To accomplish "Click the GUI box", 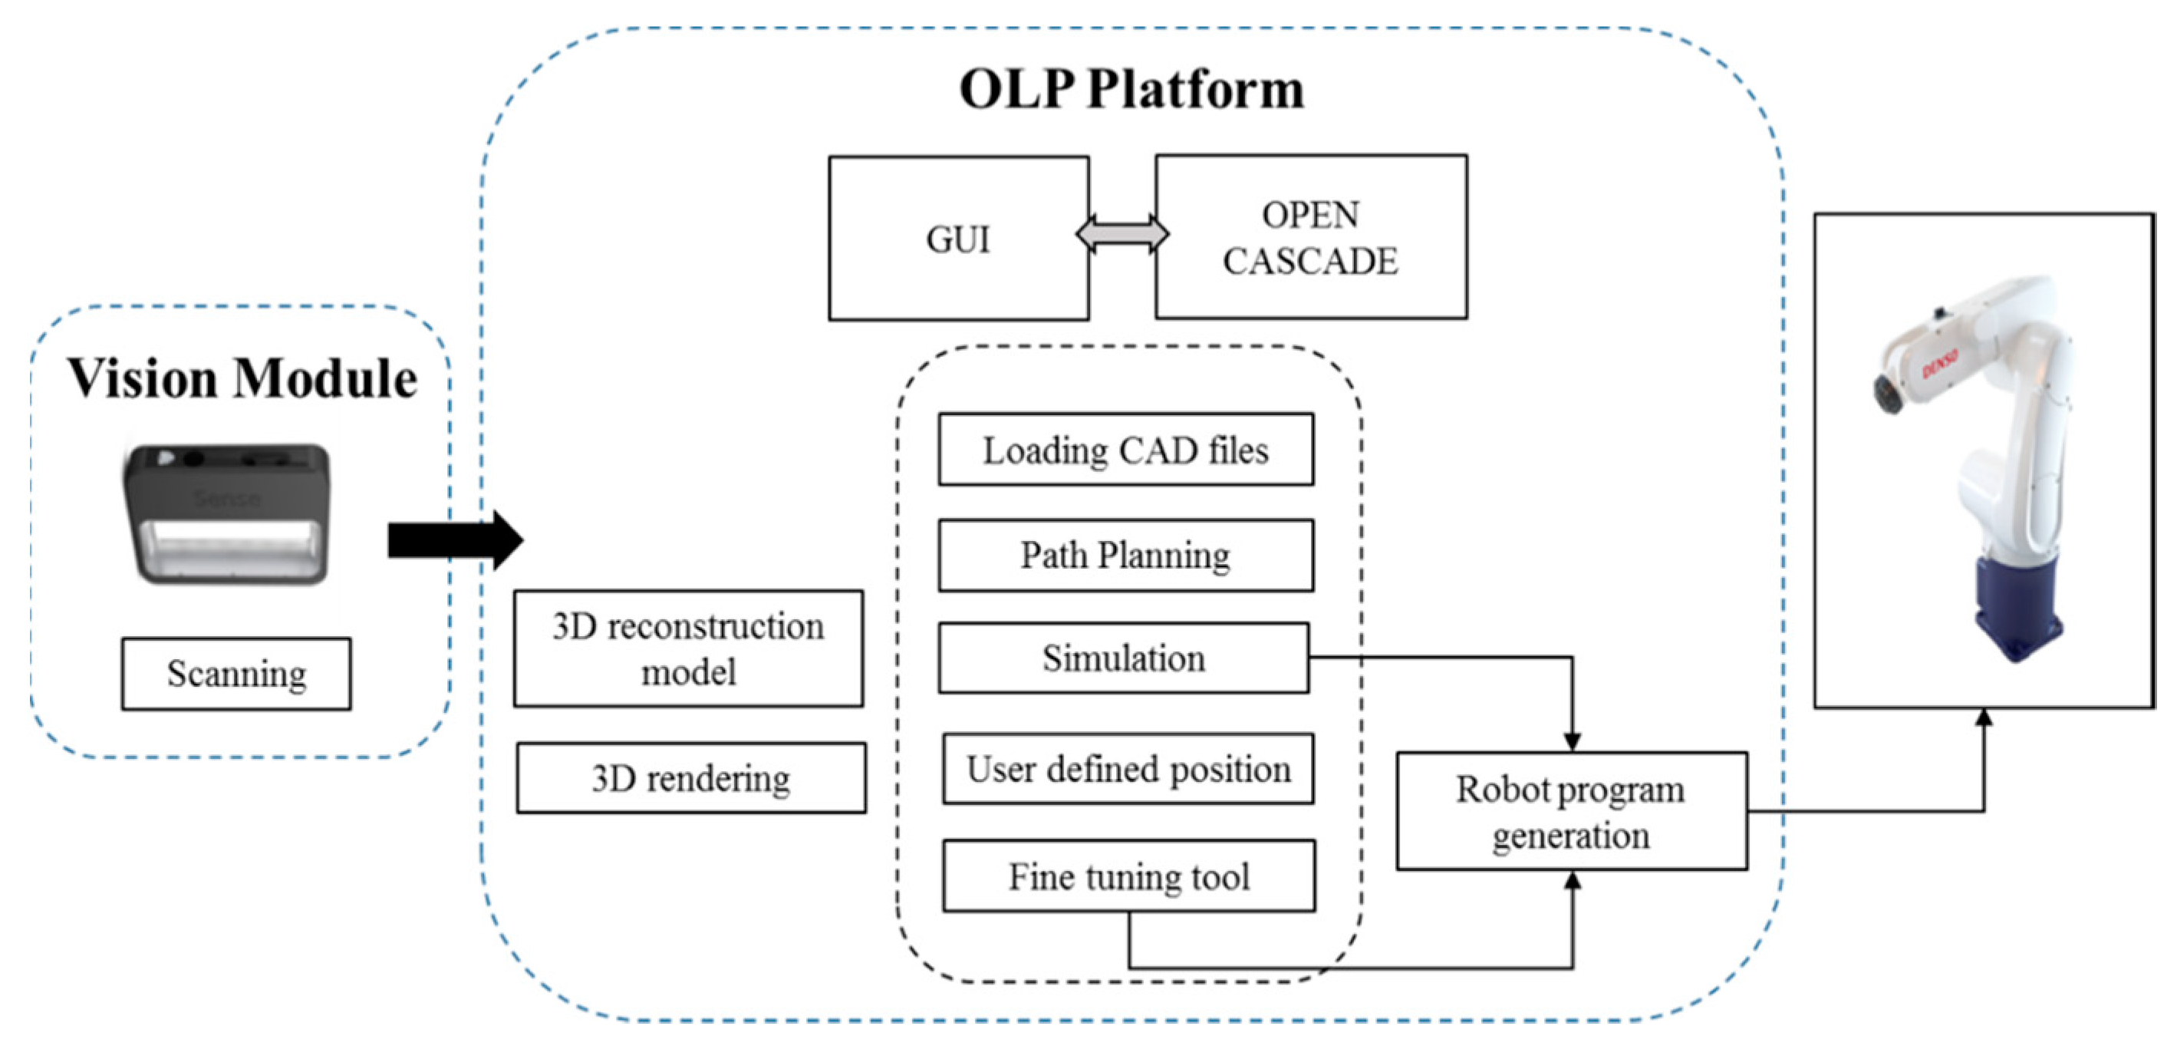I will [x=957, y=239].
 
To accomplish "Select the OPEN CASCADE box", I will [x=1310, y=238].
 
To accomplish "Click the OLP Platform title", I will [x=1131, y=89].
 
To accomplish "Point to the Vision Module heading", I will [x=242, y=378].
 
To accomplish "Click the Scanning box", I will [x=235, y=674].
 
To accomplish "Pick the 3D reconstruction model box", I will [x=688, y=648].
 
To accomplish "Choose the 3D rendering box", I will [x=690, y=777].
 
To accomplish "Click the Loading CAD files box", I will [x=1125, y=450].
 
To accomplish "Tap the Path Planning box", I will [x=1125, y=556].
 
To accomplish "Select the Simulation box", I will [x=1123, y=658].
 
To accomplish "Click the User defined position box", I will [x=1128, y=768].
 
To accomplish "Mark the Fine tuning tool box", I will [x=1129, y=876].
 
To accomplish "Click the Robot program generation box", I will [x=1571, y=811].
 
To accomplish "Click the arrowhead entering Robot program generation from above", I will [x=1572, y=741].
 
